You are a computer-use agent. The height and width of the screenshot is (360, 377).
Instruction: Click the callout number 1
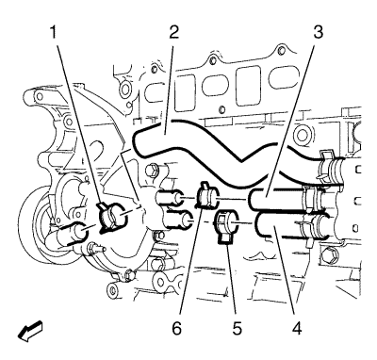tap(54, 32)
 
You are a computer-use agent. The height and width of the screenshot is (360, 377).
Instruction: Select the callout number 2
tap(173, 32)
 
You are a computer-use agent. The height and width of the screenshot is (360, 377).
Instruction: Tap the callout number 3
tap(318, 32)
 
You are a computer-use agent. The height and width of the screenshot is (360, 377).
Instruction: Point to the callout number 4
tap(297, 328)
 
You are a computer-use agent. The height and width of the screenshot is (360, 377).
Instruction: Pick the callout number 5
tap(238, 328)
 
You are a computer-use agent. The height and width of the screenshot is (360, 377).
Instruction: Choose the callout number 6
tap(177, 328)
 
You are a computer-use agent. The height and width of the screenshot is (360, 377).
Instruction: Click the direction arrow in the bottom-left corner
tap(30, 331)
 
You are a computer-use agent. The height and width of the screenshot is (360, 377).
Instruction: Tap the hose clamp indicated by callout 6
tap(207, 197)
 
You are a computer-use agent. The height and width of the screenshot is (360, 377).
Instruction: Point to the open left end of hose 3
tap(252, 200)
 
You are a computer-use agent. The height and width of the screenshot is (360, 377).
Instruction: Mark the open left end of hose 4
tap(258, 223)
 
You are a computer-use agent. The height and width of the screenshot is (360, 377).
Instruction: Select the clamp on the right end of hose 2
tap(329, 166)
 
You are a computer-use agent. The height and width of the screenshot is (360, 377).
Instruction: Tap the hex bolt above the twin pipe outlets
tap(152, 170)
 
